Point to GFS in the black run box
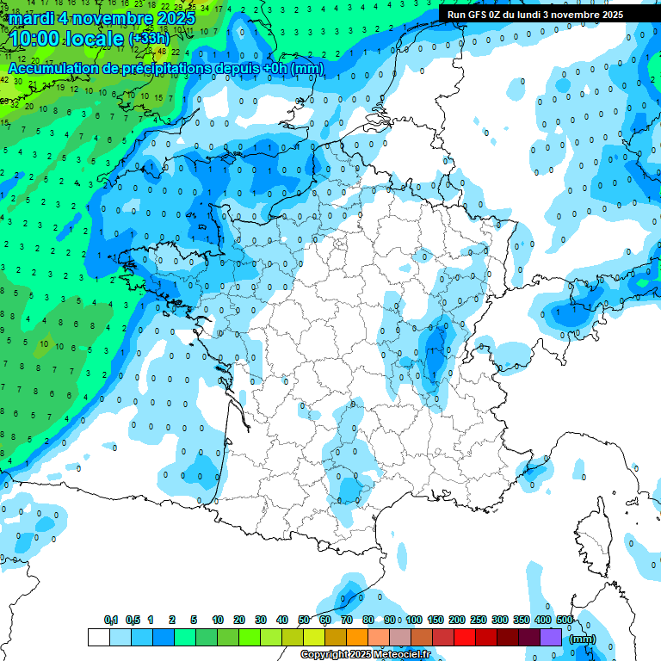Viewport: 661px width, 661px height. (x=483, y=15)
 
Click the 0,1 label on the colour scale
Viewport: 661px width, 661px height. (x=111, y=621)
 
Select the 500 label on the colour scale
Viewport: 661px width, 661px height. (x=565, y=621)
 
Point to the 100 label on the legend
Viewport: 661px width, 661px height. (x=414, y=621)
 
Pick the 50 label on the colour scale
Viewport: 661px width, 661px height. (x=304, y=621)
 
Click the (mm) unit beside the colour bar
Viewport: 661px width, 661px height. (x=583, y=639)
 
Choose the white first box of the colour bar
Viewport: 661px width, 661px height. (x=99, y=638)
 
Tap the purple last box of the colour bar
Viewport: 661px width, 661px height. (x=551, y=638)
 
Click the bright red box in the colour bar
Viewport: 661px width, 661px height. (x=465, y=638)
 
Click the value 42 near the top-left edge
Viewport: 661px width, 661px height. (x=4, y=79)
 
